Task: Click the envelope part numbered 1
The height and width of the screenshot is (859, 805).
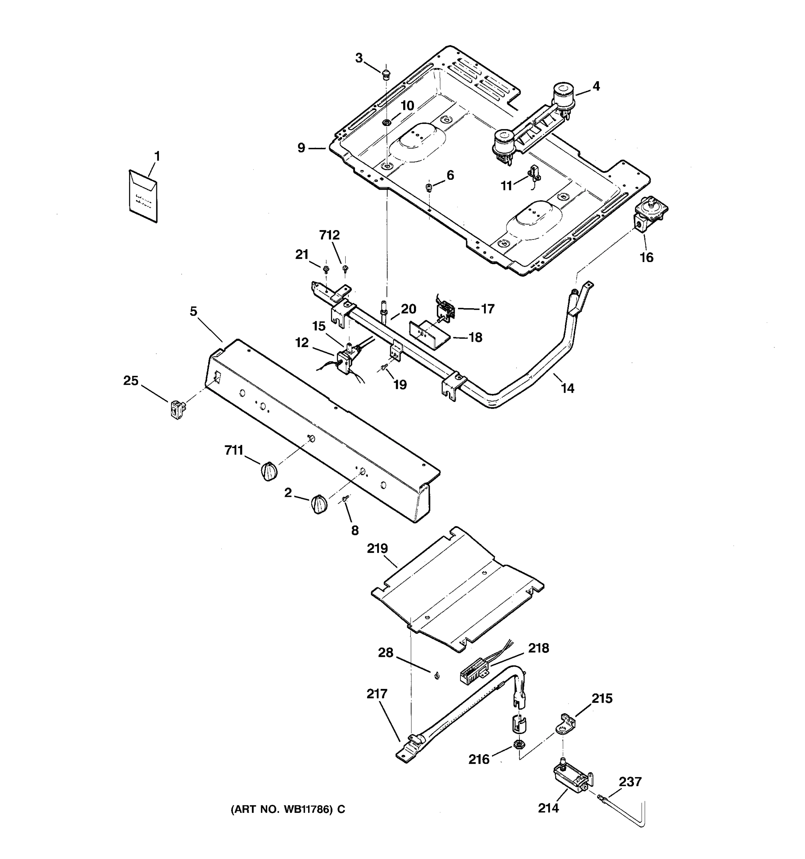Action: pos(143,196)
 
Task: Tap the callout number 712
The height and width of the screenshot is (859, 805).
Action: pos(329,235)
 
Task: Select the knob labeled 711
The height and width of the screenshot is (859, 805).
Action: pos(268,471)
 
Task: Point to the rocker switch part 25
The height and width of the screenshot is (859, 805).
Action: pos(176,409)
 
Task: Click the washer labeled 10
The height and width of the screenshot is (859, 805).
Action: pos(386,123)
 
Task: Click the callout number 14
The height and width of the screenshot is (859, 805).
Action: pos(567,388)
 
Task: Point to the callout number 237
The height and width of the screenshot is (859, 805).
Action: pos(630,781)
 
